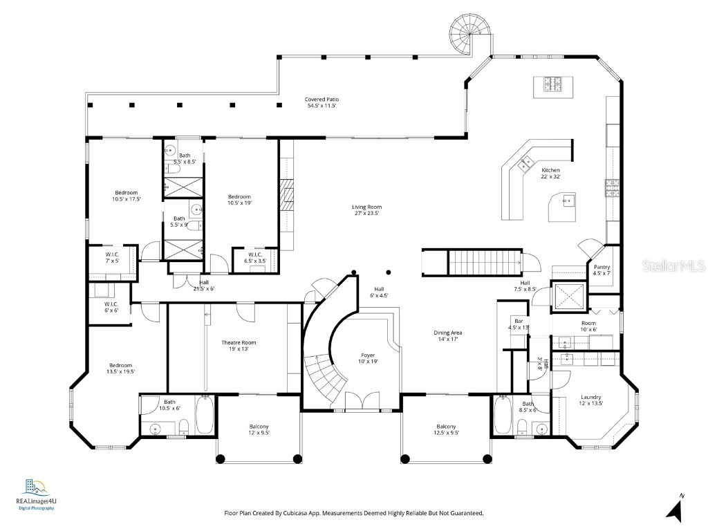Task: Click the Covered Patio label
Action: tap(322, 103)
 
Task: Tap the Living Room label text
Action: tap(366, 210)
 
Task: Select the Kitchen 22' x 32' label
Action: tap(550, 173)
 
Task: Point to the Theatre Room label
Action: tap(239, 346)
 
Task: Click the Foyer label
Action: tap(368, 357)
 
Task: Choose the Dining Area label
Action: tap(447, 335)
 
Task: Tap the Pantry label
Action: tap(602, 270)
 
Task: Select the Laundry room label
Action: tap(591, 400)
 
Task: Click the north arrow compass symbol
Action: tap(676, 510)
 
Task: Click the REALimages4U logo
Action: tap(35, 492)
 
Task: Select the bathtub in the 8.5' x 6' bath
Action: tap(503, 416)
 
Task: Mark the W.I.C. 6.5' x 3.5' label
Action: tap(248, 259)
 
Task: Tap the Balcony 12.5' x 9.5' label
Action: tap(446, 429)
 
